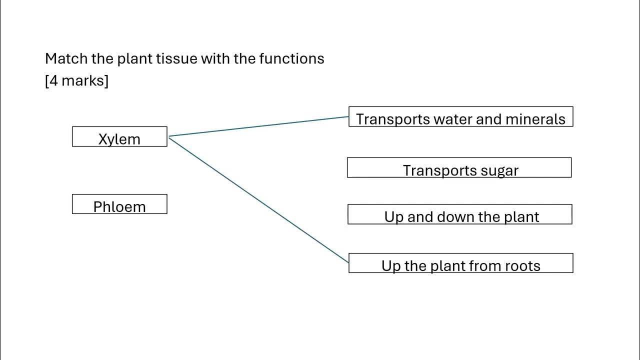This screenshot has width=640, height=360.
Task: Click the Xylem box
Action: coord(119,137)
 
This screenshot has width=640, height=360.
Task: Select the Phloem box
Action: coord(119,204)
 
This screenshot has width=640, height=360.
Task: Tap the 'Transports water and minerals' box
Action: coord(460,117)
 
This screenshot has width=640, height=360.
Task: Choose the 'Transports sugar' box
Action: coord(459,168)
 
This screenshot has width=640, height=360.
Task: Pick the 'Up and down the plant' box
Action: coord(460,214)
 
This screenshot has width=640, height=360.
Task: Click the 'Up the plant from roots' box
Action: coord(460,263)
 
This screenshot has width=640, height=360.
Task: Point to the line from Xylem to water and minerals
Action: coord(258,126)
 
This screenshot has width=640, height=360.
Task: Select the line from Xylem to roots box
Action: coord(258,199)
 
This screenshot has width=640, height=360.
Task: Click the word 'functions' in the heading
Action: coord(291,58)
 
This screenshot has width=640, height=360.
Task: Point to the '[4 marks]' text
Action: coord(76,80)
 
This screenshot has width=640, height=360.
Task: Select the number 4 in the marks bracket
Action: coord(52,80)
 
